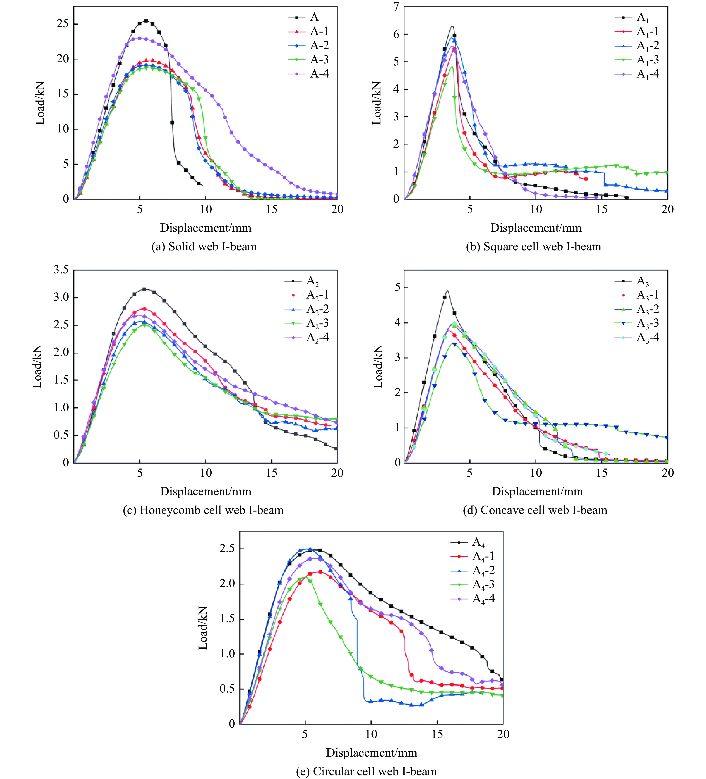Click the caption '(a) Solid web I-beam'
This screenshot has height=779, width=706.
point(204,247)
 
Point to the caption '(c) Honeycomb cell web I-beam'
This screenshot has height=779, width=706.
point(203,510)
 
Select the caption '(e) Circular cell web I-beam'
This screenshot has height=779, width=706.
point(366,771)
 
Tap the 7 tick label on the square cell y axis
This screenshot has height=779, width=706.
point(396,7)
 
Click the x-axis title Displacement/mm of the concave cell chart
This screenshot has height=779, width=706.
point(537,491)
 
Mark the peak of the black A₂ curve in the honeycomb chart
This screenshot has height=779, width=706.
point(144,289)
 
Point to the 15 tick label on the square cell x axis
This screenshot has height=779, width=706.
point(602,209)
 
